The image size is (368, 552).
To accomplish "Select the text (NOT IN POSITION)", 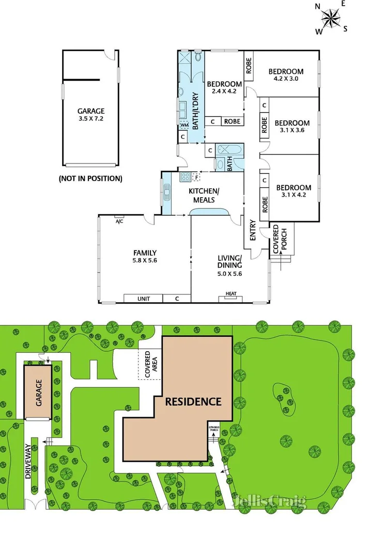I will tap(91, 179).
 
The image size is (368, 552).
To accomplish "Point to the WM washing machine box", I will tap(185, 125).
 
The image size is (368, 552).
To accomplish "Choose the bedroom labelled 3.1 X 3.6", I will tap(292, 127).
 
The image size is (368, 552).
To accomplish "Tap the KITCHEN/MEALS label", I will tap(204, 196).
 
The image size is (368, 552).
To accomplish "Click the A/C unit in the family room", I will tap(119, 221).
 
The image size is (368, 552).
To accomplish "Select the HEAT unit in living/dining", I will tap(231, 295).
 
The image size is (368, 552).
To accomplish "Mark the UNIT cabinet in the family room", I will tap(143, 299).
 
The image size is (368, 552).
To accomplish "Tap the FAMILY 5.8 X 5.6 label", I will tap(145, 257).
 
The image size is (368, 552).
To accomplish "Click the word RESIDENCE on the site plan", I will tap(193, 401).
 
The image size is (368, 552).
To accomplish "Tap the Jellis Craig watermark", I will tap(269, 500).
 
